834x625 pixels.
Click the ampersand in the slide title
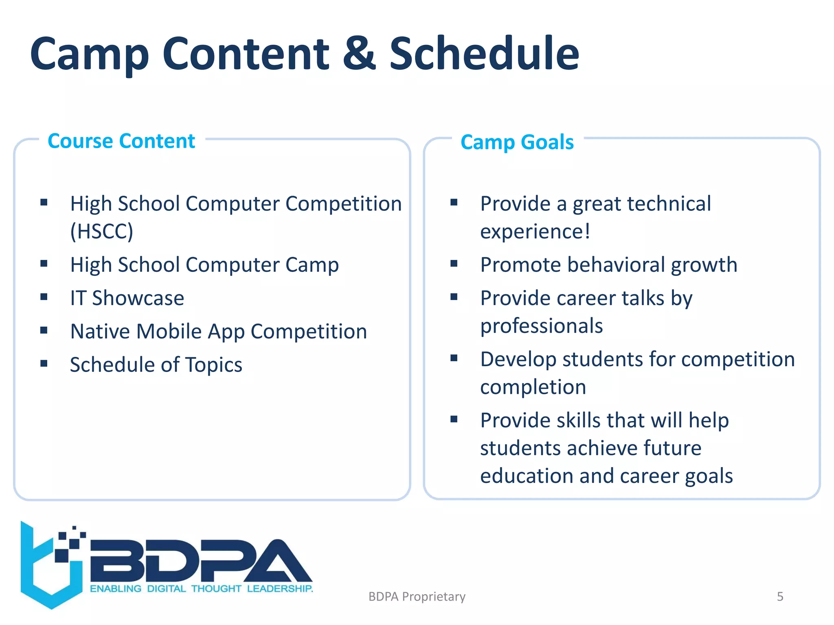pyautogui.click(x=359, y=54)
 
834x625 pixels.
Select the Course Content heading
pyautogui.click(x=121, y=141)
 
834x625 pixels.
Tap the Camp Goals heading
pyautogui.click(x=517, y=142)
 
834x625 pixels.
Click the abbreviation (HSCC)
pyautogui.click(x=101, y=232)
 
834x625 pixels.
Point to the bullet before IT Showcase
pyautogui.click(x=44, y=297)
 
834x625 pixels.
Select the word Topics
pyautogui.click(x=214, y=365)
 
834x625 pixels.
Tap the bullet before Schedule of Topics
pyautogui.click(x=44, y=363)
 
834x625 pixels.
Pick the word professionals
pyautogui.click(x=541, y=326)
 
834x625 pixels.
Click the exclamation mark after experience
pyautogui.click(x=587, y=232)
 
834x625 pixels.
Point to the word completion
pyautogui.click(x=533, y=387)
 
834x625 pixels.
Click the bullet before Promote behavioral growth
pyautogui.click(x=454, y=264)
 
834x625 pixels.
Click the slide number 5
pyautogui.click(x=780, y=597)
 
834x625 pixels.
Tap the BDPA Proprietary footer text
pyautogui.click(x=417, y=597)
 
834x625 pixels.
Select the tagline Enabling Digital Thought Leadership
pyautogui.click(x=201, y=589)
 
